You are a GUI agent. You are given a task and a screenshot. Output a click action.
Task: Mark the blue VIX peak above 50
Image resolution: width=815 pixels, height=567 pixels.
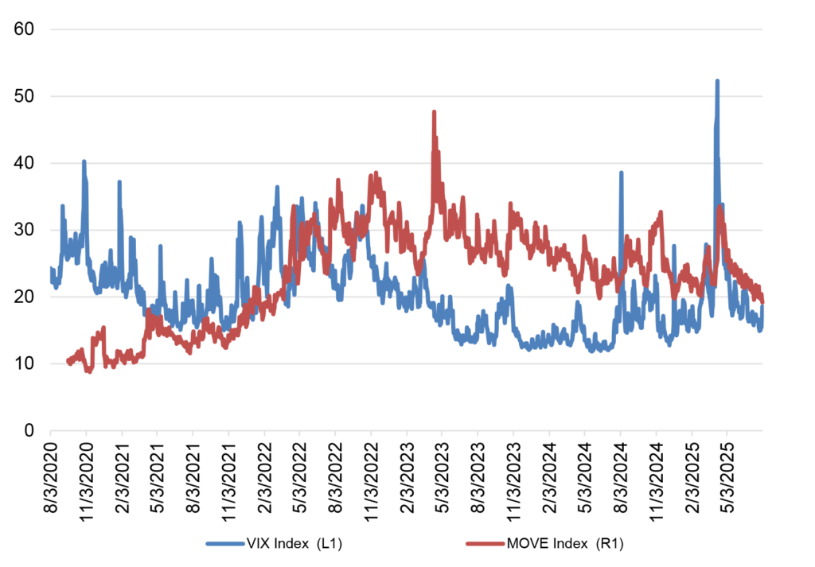click(x=717, y=81)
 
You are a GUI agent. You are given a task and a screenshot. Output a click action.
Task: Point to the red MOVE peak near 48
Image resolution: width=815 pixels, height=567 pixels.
click(x=434, y=112)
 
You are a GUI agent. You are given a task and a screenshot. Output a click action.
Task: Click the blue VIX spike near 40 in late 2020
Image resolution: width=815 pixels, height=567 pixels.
click(x=84, y=162)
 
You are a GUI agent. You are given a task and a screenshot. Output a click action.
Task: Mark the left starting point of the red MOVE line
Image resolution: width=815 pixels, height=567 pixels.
click(x=68, y=362)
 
